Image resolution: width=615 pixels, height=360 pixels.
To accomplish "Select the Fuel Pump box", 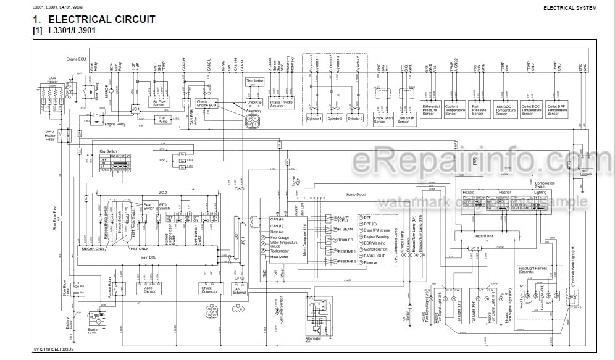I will pos(162,120).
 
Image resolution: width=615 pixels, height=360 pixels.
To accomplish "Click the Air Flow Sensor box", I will pos(159,103).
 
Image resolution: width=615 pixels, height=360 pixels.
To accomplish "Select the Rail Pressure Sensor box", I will pos(479,110).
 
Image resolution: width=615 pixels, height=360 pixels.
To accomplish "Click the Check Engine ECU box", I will pos(206,103).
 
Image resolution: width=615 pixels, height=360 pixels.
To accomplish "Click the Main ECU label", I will pos(149,256).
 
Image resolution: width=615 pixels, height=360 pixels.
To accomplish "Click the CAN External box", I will pos(238,289).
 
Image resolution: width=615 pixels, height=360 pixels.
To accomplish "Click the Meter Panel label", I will pos(356,195).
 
